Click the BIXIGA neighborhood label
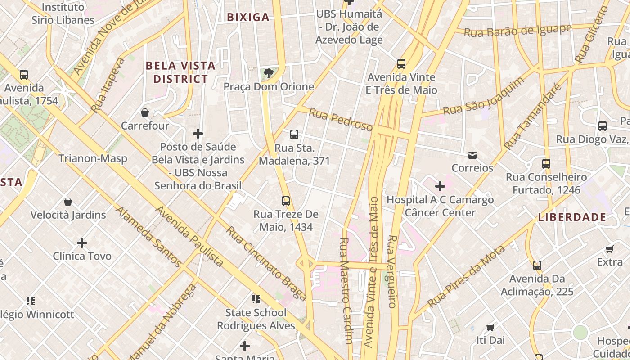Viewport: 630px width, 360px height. click(x=248, y=18)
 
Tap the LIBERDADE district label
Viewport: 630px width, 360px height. click(x=572, y=217)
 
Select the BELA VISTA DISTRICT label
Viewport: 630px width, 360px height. click(x=180, y=72)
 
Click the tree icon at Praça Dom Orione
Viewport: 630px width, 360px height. click(x=269, y=73)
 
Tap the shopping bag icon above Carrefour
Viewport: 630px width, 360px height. click(x=145, y=112)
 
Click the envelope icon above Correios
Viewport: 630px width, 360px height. click(x=472, y=155)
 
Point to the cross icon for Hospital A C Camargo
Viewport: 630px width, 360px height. click(x=440, y=186)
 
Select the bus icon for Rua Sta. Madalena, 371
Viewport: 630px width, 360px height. click(x=294, y=134)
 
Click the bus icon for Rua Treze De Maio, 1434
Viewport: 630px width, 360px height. click(x=286, y=201)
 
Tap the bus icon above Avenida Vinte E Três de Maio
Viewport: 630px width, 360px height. click(x=401, y=64)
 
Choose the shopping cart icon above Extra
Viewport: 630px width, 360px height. click(x=610, y=249)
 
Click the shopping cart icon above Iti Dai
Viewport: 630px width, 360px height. click(x=490, y=327)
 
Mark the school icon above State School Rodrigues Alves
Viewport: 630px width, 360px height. click(x=256, y=299)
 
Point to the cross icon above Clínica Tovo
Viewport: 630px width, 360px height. click(x=82, y=243)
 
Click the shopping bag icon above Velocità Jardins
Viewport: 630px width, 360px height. click(x=68, y=201)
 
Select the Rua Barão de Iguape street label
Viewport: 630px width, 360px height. click(x=517, y=31)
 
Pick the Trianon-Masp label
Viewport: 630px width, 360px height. click(x=93, y=158)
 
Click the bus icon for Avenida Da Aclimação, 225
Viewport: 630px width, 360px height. click(x=537, y=265)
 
